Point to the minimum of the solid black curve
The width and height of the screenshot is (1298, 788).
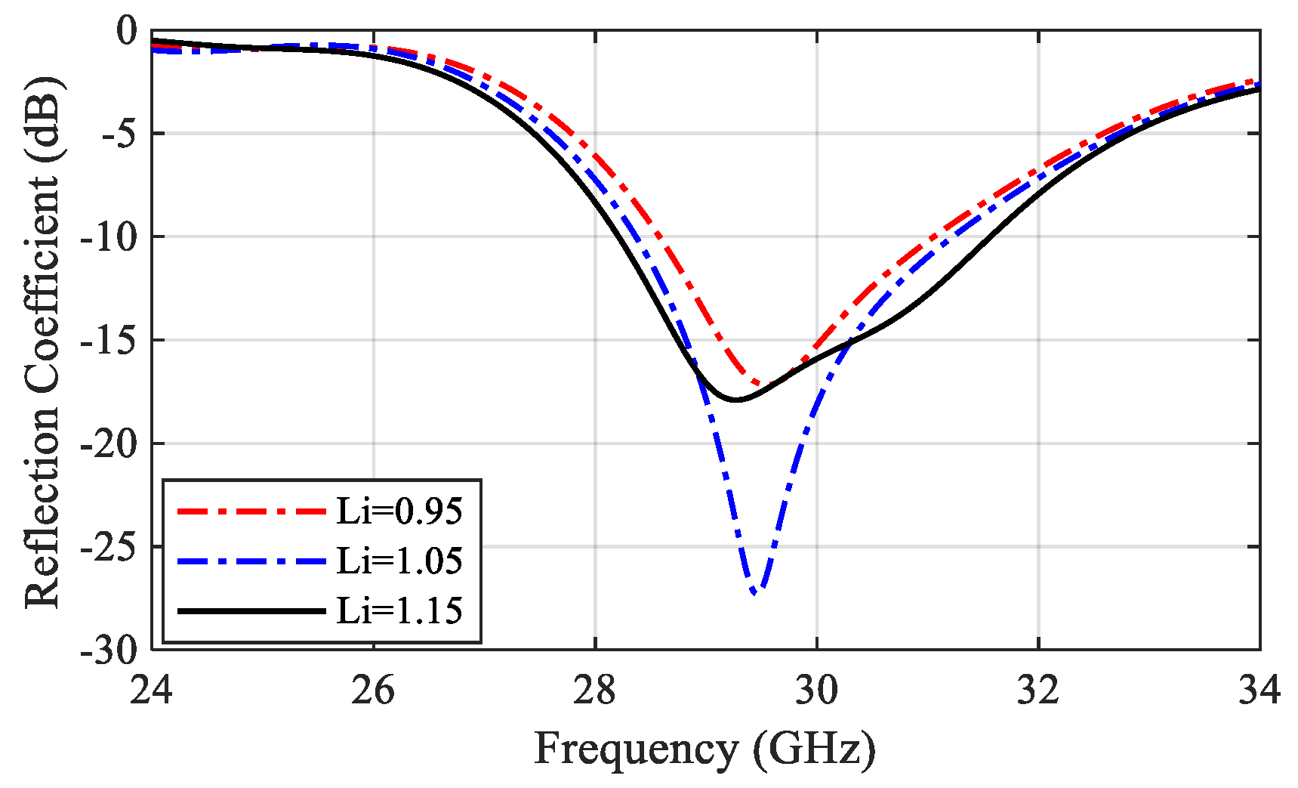pos(736,400)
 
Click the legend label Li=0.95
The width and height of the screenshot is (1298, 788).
pos(399,511)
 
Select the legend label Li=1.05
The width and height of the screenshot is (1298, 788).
pos(399,561)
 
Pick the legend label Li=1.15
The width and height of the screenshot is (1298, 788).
pos(399,610)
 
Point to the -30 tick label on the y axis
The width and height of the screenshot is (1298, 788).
pos(109,650)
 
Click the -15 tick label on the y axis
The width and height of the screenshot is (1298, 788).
pos(109,340)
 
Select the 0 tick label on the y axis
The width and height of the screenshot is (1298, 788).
pos(126,31)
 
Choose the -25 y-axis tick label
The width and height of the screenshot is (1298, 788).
pos(109,546)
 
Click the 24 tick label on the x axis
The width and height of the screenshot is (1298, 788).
pos(152,690)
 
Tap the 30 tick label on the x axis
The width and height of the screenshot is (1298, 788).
pos(816,690)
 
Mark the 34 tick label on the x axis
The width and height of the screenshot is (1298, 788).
pos(1259,690)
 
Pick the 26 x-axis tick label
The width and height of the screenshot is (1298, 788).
pos(373,690)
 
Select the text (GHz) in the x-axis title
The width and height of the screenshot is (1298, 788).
pos(814,749)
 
